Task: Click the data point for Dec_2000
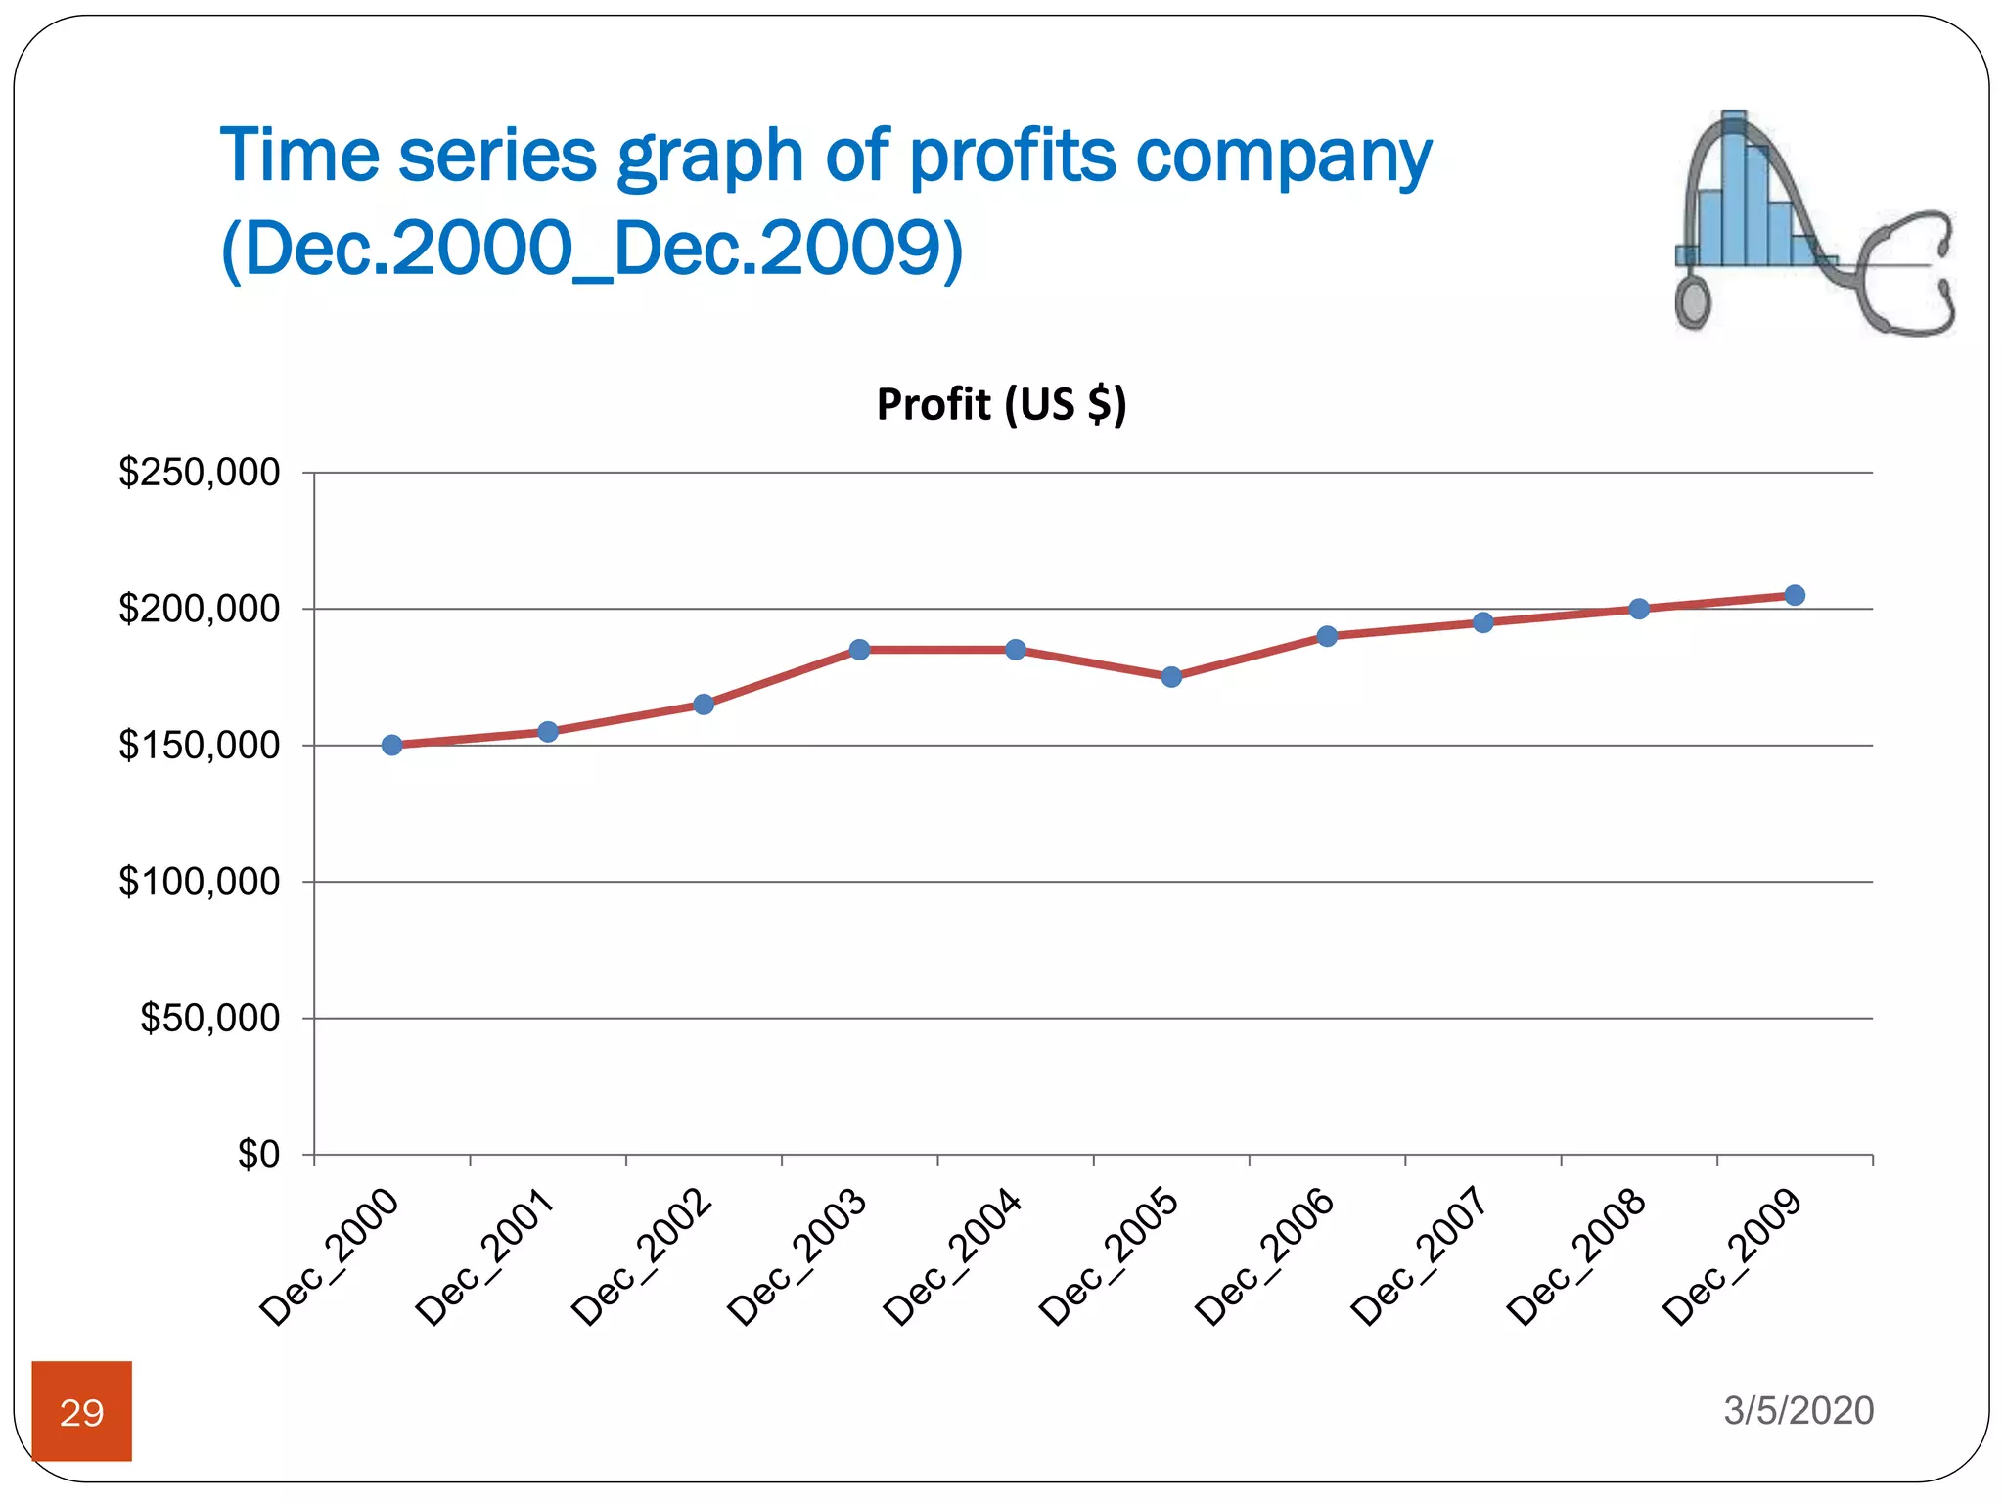pos(391,745)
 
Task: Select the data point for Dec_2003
pos(859,650)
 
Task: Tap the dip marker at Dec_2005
pos(1171,677)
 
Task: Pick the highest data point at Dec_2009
pos(1795,595)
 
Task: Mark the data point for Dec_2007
pos(1482,622)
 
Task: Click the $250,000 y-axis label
pos(199,473)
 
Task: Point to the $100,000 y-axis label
pos(199,882)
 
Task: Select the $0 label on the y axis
pos(258,1155)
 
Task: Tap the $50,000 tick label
pos(209,1019)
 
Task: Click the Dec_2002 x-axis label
pos(642,1256)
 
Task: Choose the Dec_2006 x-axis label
pos(1265,1256)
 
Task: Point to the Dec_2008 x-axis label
pos(1576,1256)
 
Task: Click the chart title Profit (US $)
pos(1001,404)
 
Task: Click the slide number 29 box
pos(81,1411)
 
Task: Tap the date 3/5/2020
pos(1799,1410)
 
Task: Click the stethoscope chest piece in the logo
pos(1692,301)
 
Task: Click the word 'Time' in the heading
pos(299,157)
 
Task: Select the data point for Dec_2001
pos(548,732)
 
